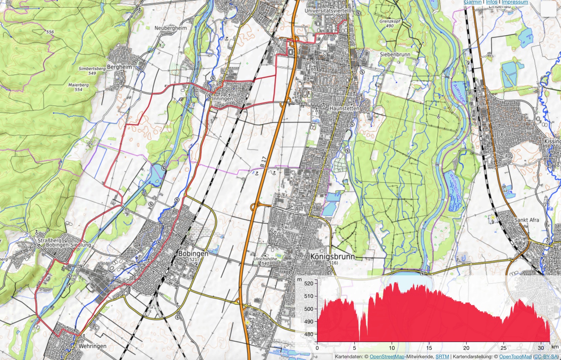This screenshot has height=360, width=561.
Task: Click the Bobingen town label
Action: click(193, 253)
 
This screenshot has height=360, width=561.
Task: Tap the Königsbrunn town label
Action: click(332, 257)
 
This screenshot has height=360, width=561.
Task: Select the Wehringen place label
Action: click(92, 346)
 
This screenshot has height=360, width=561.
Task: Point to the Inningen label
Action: click(223, 99)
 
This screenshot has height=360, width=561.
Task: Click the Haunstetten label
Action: click(344, 108)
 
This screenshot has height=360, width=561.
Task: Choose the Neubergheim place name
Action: click(171, 28)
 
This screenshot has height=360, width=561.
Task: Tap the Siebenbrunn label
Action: click(395, 54)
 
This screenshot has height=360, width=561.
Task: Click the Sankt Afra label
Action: click(527, 220)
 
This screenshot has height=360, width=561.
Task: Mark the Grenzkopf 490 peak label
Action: click(390, 24)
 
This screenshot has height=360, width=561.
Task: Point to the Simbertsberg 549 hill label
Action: click(92, 71)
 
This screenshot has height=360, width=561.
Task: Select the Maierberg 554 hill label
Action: click(79, 87)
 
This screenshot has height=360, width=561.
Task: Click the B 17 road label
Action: click(263, 162)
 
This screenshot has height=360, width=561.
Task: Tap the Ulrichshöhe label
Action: click(266, 259)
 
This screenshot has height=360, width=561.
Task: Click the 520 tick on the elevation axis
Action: click(309, 283)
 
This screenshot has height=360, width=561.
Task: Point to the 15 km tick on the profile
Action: click(429, 348)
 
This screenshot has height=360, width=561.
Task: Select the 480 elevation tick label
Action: click(309, 334)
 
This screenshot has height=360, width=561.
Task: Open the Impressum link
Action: click(515, 2)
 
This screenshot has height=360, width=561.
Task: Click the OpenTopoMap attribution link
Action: click(515, 357)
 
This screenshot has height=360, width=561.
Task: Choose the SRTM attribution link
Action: click(442, 357)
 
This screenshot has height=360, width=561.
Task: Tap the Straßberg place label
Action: click(50, 240)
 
